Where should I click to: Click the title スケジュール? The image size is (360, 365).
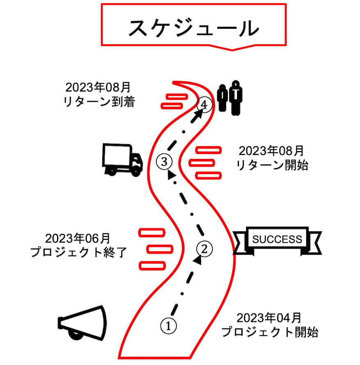[x=193, y=28]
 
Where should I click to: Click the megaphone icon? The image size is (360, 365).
[x=82, y=323]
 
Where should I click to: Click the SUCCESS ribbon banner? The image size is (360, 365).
[x=277, y=240]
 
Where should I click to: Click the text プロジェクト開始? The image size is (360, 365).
[x=270, y=332]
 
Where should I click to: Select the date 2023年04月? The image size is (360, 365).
[x=269, y=318]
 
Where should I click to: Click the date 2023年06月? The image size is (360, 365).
[x=78, y=238]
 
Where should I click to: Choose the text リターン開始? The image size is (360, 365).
[x=272, y=165]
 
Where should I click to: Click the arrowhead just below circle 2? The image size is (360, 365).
[x=199, y=260]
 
